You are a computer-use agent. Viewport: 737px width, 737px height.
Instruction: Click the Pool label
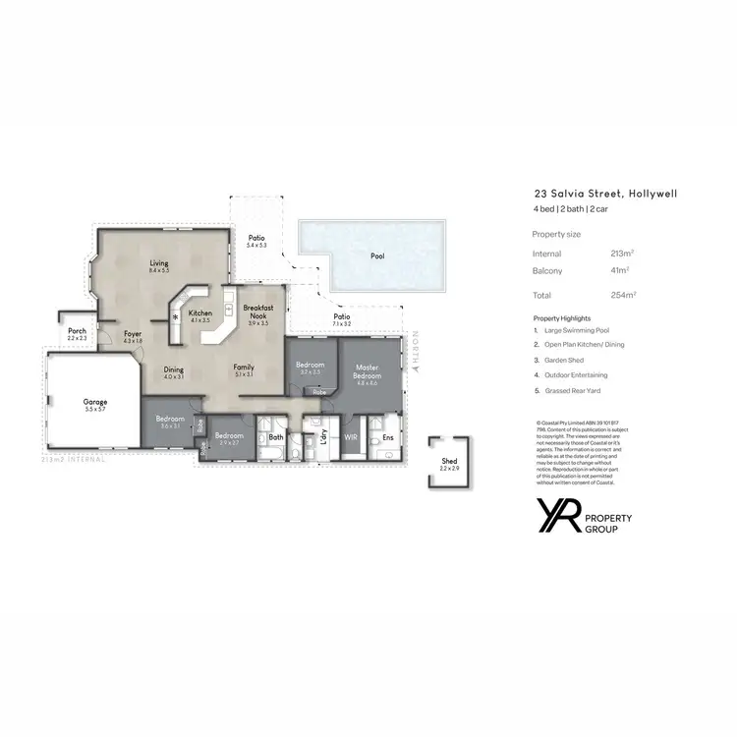377,256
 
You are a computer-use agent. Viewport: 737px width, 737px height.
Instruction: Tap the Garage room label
95,402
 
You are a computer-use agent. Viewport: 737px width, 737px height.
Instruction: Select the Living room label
159,263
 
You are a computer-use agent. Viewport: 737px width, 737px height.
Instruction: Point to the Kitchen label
200,313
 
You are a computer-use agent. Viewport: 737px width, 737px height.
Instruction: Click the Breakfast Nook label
259,312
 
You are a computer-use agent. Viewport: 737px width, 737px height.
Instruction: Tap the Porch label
78,332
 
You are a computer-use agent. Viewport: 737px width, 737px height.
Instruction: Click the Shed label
448,461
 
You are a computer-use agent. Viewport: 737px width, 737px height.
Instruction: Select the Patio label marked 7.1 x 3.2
341,316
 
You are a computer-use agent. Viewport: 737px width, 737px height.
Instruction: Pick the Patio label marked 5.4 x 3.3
256,238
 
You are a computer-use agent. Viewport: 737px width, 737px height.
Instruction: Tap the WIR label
350,436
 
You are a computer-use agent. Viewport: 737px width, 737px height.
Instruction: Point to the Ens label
388,436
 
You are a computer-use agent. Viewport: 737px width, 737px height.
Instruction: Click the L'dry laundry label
323,435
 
